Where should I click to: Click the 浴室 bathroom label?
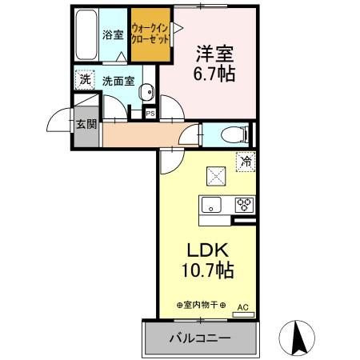point(113,35)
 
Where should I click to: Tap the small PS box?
point(150,114)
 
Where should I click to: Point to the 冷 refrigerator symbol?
point(246,161)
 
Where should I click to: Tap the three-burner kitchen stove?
point(244,203)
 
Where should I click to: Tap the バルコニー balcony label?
point(199,338)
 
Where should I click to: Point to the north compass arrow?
point(300,336)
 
